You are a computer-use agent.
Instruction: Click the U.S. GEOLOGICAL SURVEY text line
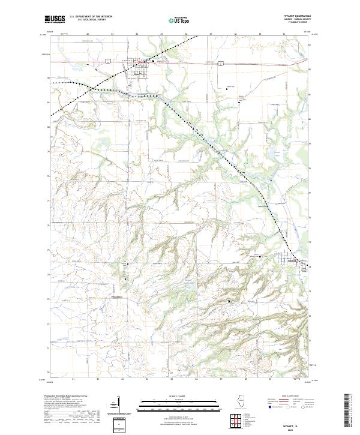[90, 20]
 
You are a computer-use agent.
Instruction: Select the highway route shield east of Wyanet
[221, 62]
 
